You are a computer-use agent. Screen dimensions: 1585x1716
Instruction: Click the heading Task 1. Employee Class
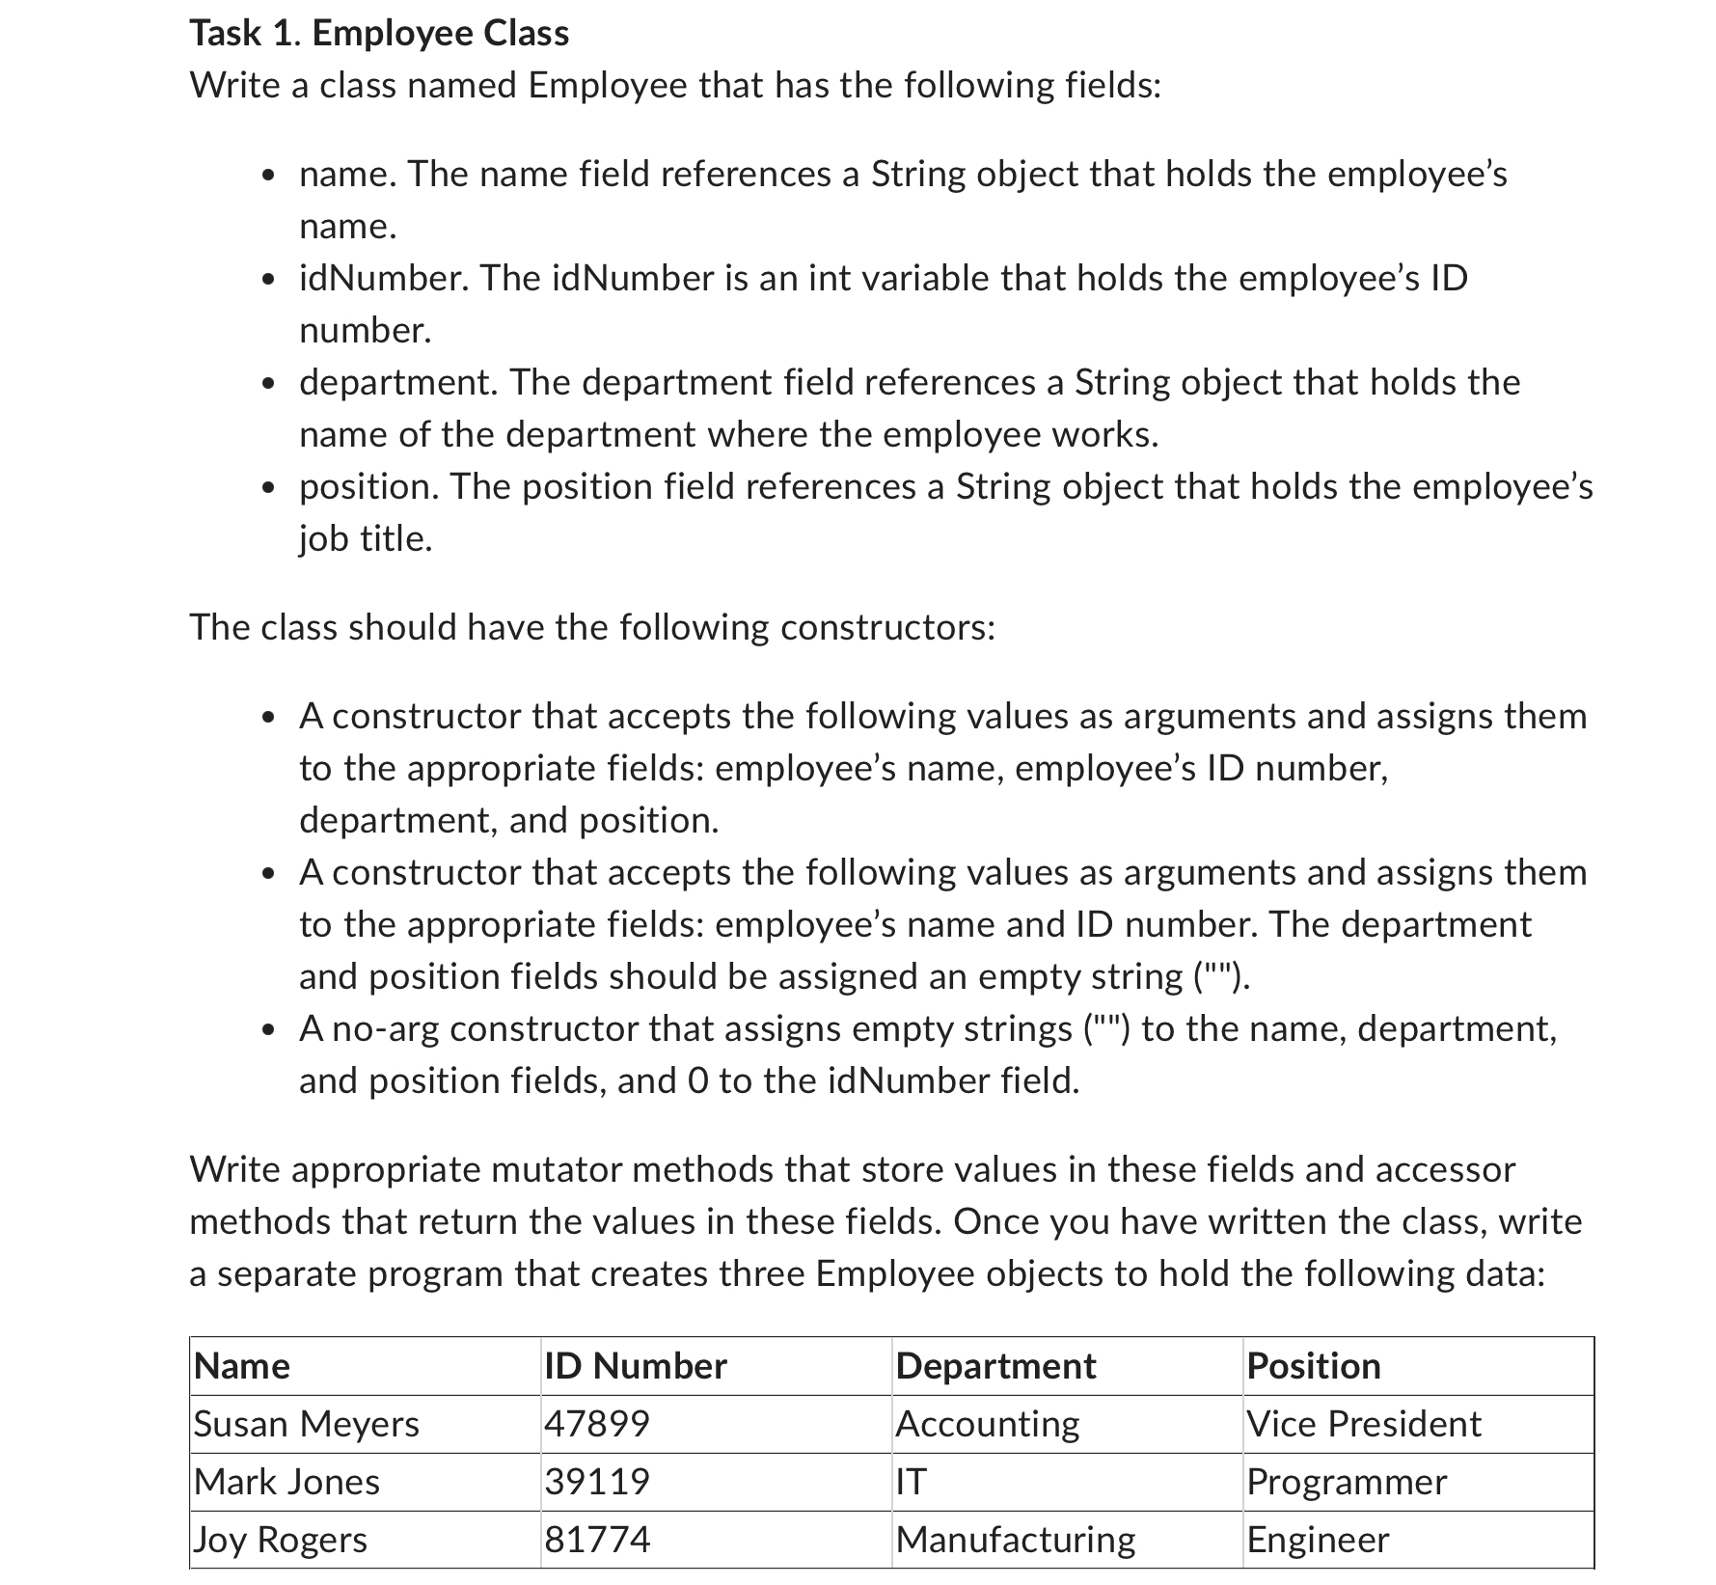click(379, 34)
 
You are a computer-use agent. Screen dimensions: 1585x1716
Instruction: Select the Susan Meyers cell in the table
click(307, 1424)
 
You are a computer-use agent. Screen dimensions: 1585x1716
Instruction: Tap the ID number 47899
click(598, 1424)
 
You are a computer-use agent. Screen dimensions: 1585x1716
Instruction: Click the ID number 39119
click(598, 1482)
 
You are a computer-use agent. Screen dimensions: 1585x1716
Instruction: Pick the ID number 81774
click(598, 1540)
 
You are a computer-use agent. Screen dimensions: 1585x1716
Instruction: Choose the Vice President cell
click(1363, 1424)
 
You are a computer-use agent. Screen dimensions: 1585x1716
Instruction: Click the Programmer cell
click(1347, 1482)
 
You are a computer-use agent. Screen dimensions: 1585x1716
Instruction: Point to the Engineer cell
click(1318, 1540)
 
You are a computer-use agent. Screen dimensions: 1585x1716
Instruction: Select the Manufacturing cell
click(1015, 1540)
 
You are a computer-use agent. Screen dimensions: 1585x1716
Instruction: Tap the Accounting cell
click(988, 1424)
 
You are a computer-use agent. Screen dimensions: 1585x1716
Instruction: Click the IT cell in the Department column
click(912, 1482)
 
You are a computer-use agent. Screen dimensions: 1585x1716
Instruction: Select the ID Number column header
click(636, 1366)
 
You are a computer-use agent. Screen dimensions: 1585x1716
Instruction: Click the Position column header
click(1314, 1366)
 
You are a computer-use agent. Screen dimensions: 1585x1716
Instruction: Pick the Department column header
click(995, 1366)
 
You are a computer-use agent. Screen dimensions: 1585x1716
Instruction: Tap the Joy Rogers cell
click(281, 1540)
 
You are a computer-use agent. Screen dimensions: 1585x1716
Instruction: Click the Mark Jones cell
click(287, 1482)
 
